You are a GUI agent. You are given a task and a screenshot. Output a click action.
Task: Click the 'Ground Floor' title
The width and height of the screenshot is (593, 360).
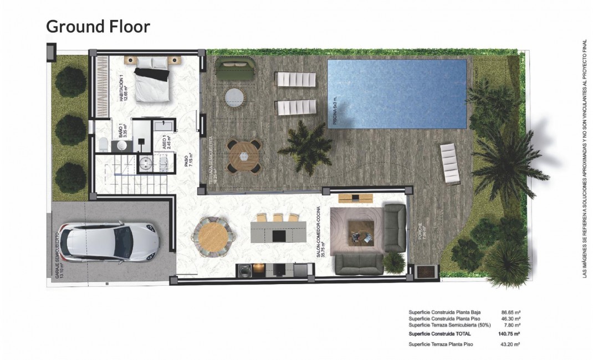98,26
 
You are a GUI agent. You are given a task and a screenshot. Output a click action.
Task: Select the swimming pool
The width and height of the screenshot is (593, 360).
397,94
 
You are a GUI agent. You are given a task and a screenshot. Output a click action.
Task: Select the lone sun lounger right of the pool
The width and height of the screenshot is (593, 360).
449,163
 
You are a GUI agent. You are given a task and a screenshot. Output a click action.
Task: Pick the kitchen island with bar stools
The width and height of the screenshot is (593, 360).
278,232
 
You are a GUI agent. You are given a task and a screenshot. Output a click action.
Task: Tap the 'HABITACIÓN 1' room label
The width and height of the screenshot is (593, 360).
123,87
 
